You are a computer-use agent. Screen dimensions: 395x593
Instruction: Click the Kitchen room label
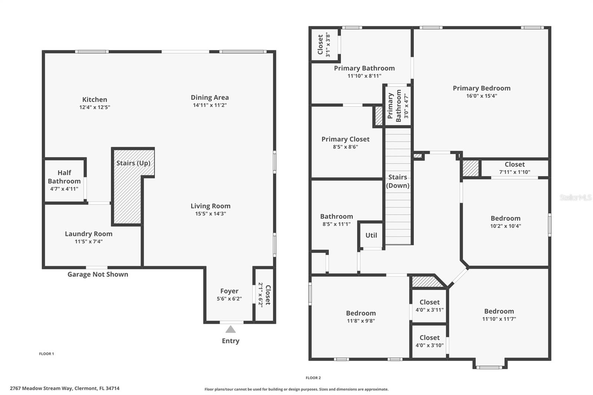pos(95,99)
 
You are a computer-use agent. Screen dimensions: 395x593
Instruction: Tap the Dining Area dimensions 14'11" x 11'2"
pos(209,105)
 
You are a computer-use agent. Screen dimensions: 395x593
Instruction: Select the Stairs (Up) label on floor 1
pos(133,163)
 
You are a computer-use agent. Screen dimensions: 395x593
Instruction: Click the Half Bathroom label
pos(64,177)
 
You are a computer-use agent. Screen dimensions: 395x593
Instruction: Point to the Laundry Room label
pos(89,234)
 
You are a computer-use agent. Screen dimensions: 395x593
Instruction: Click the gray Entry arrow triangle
pos(231,329)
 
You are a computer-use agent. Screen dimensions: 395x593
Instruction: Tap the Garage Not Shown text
pos(98,275)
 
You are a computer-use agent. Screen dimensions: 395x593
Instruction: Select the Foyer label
pos(229,291)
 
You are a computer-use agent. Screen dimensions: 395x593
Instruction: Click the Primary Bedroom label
pos(481,88)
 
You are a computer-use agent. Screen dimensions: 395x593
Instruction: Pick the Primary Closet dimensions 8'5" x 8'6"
pos(345,147)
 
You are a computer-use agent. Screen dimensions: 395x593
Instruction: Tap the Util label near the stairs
pos(371,235)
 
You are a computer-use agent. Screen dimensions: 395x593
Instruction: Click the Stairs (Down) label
pos(398,181)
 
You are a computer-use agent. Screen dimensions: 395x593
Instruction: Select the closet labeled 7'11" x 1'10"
pos(514,168)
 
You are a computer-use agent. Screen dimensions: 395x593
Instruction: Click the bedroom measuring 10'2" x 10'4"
pos(505,222)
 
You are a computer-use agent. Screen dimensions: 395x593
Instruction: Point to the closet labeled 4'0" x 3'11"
pos(429,306)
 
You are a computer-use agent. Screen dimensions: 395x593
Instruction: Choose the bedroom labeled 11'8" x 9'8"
pos(361,317)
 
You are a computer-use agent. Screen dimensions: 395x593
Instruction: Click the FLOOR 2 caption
pos(313,378)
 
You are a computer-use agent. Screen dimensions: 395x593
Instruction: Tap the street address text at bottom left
pos(64,389)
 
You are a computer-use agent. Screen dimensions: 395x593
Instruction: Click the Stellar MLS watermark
pos(575,197)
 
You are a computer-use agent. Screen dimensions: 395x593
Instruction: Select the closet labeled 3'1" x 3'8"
pos(323,45)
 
